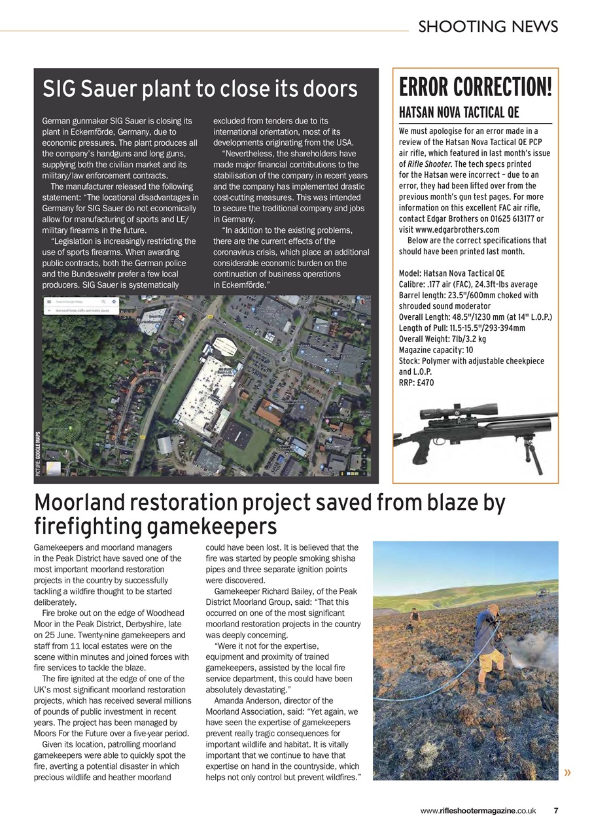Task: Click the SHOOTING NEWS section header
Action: coord(488,26)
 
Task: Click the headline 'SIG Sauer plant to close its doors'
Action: coord(200,89)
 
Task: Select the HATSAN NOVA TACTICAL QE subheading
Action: coord(459,112)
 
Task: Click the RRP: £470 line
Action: coord(416,383)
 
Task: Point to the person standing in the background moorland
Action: coord(414,618)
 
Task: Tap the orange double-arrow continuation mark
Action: coord(566,773)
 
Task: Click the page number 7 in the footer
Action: coord(555,811)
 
